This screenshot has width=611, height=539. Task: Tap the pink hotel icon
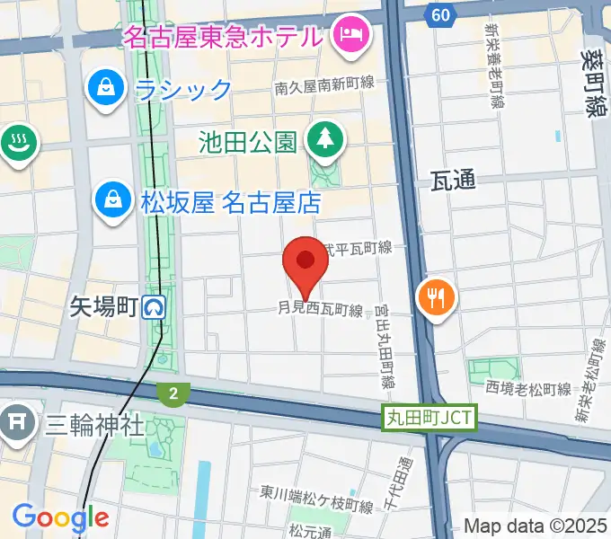346,35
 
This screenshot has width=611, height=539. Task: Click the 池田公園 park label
248,141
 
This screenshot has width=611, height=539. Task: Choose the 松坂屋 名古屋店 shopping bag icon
115,199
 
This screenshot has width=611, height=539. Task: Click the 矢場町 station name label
103,308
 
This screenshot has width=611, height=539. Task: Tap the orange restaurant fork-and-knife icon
437,297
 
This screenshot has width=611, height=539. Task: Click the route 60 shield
438,15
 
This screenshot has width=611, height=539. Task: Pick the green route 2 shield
171,393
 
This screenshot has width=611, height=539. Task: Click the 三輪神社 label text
94,423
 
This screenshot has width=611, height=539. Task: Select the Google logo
60,517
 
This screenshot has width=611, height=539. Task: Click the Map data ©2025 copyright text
534,526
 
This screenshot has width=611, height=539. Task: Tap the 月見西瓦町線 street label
320,310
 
